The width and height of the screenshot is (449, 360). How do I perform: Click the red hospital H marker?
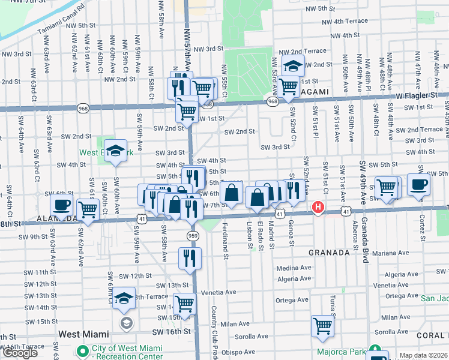[x=318, y=208]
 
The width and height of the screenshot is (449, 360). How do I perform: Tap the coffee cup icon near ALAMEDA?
[x=61, y=205]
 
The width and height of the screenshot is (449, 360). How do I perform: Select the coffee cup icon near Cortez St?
[x=418, y=185]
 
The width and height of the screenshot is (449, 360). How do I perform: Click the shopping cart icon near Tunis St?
[x=322, y=326]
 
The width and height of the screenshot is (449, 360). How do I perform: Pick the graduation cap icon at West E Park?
[x=116, y=151]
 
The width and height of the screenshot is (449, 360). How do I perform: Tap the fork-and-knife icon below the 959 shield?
[x=190, y=259]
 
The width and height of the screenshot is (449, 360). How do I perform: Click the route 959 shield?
[x=193, y=235]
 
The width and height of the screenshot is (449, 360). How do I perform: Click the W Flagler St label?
[x=416, y=95]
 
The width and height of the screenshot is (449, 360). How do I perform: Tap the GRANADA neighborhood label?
[x=329, y=253]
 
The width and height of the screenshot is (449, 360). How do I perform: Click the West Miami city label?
[x=83, y=334]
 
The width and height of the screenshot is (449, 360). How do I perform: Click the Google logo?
[x=20, y=353]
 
